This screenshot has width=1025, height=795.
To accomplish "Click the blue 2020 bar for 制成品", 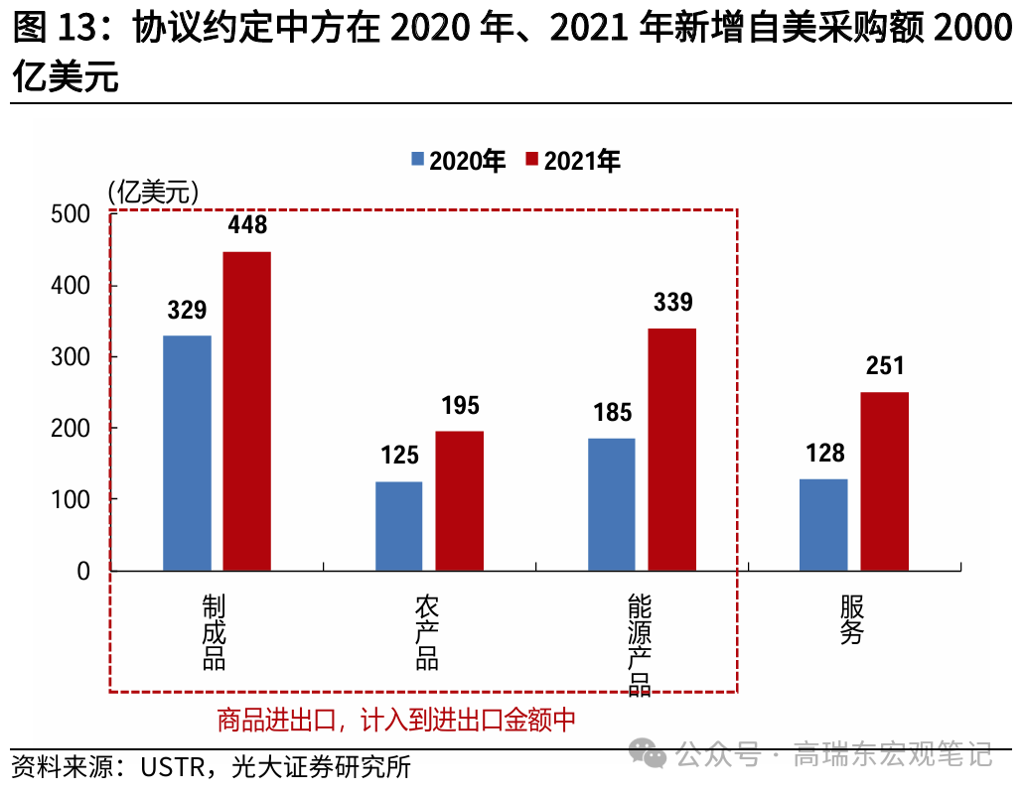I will click(187, 453).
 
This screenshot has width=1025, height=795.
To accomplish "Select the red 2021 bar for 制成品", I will click(246, 411).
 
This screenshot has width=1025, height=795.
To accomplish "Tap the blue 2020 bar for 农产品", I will click(398, 526).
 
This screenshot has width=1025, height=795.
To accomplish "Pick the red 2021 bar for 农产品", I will click(459, 501).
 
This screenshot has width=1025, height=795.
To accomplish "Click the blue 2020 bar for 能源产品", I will click(611, 504).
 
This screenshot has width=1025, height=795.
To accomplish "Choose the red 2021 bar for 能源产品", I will click(672, 450).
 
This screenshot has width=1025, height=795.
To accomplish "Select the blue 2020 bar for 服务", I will click(823, 525).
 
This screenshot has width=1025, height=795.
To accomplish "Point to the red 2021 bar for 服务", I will click(884, 481).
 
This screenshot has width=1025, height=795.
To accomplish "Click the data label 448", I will click(247, 225).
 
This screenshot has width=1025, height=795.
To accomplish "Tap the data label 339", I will click(672, 302).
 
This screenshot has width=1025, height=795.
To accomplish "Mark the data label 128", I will click(824, 454).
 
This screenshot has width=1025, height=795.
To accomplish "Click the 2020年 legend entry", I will click(457, 161).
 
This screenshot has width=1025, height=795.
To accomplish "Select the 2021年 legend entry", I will click(572, 161).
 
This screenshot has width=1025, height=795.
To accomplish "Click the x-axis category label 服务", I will click(851, 619).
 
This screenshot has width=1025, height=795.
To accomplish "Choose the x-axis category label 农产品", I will click(427, 632).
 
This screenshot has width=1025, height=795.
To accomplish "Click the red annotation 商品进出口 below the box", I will click(277, 720).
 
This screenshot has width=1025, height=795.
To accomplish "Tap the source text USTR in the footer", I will click(170, 767).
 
